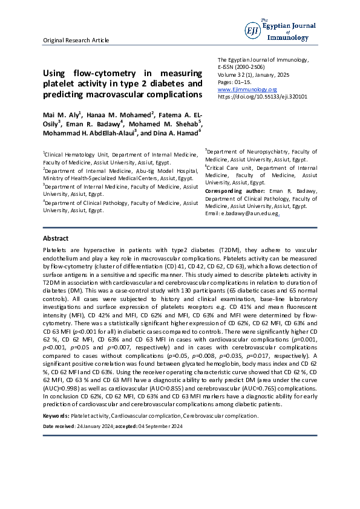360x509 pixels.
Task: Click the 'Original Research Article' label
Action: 76,41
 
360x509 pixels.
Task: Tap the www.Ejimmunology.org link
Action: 243,89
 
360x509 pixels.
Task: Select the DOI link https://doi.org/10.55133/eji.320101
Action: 262,96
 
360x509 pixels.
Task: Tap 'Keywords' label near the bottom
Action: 56,417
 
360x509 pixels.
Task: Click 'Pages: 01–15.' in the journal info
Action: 233,82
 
